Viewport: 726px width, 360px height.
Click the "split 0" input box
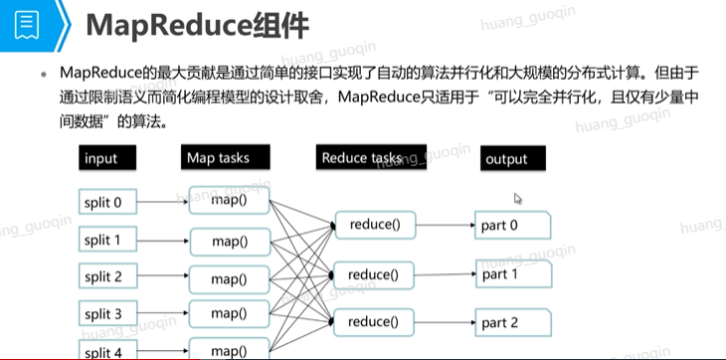point(107,202)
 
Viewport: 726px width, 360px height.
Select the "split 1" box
point(107,240)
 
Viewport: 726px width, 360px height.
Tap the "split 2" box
point(107,276)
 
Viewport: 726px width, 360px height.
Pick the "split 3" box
point(107,313)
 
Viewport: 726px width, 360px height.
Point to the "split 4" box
point(107,350)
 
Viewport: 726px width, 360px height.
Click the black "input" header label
point(107,158)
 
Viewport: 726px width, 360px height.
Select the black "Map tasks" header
point(226,157)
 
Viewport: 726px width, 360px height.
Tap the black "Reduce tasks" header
point(371,157)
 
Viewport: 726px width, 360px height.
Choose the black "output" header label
point(513,158)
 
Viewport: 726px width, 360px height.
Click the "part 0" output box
point(512,226)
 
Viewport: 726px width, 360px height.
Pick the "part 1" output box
point(513,273)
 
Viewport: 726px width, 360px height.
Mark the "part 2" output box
point(513,322)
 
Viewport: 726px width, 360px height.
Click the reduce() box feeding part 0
point(376,225)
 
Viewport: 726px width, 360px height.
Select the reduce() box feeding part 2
point(374,322)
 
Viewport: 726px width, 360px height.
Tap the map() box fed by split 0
point(229,200)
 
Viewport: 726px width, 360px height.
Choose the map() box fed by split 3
point(229,313)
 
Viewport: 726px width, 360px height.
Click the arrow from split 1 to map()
point(163,241)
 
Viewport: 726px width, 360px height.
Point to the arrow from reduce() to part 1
point(445,274)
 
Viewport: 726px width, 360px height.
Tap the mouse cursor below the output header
point(517,199)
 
